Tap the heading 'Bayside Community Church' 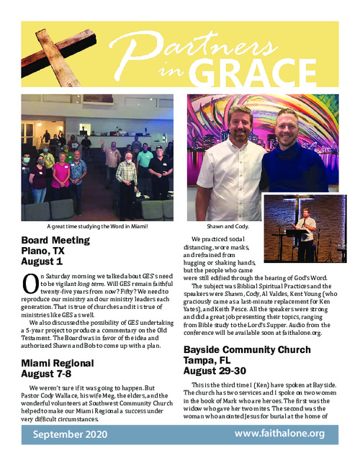250,349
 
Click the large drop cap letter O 28,284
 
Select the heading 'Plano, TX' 48,252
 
